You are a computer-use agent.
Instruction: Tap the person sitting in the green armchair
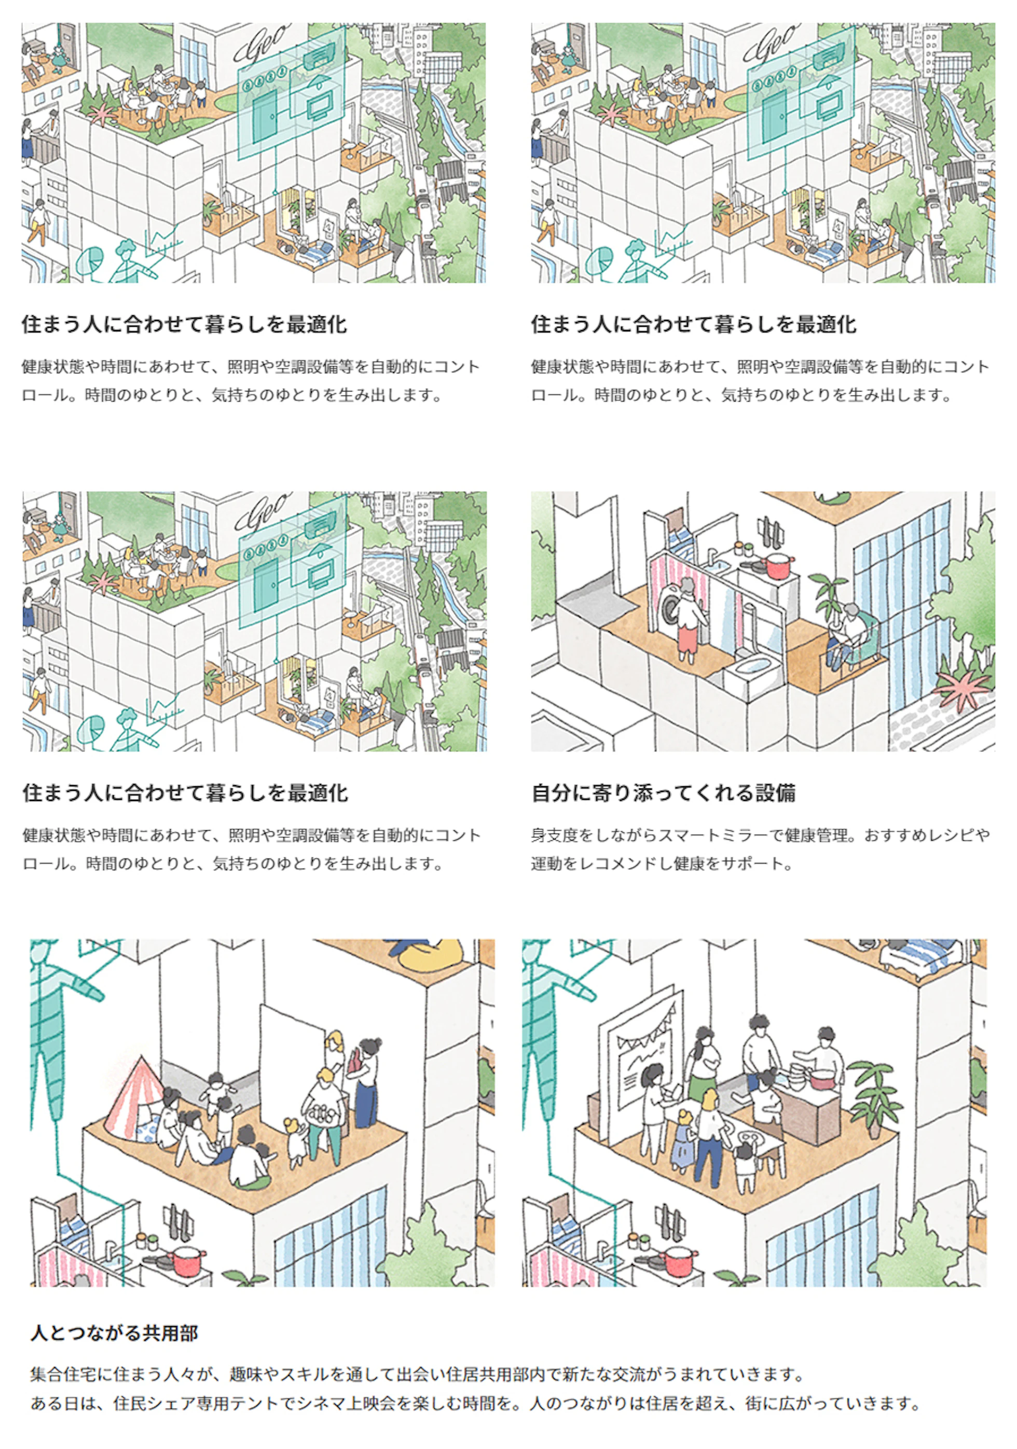(846, 634)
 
